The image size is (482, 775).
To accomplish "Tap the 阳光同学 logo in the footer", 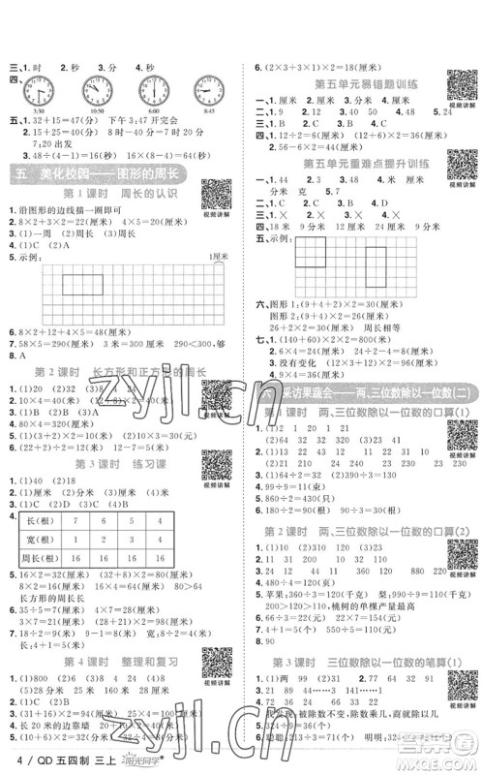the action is tap(122, 762).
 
